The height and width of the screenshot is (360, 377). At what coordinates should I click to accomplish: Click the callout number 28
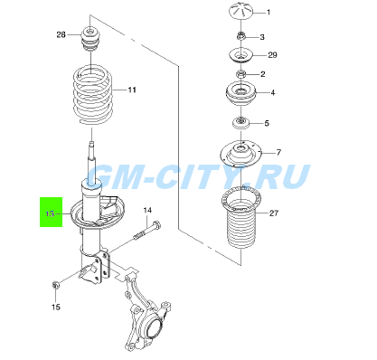coord(61,35)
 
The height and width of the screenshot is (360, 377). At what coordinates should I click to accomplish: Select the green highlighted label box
coord(52,212)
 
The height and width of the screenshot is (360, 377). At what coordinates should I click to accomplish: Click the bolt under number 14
coord(147,231)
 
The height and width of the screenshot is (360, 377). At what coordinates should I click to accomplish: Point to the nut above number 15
coord(56,285)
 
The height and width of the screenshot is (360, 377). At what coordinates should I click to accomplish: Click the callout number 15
coord(56,307)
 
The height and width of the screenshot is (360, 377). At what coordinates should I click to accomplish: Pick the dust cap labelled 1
coord(241,12)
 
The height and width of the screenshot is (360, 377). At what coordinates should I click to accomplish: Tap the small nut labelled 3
coord(240,36)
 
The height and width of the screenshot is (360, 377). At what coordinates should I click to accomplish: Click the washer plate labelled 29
coord(240,55)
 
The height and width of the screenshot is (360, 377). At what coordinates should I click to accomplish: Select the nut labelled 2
coord(240,73)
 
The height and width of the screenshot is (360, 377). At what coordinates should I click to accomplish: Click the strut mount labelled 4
coord(240,93)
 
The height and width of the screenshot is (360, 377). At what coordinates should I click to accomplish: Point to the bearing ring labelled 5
coord(240,123)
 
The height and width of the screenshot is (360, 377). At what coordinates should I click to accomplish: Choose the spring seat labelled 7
coord(241,153)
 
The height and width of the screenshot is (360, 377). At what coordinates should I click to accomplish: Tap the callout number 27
coord(274,213)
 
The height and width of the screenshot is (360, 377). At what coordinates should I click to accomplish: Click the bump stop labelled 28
coord(90,38)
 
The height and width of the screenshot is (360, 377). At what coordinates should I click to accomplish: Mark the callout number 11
coord(132,90)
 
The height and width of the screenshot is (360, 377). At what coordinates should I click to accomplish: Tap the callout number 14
coord(147,210)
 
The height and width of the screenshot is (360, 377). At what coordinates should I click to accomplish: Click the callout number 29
coord(272,55)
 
